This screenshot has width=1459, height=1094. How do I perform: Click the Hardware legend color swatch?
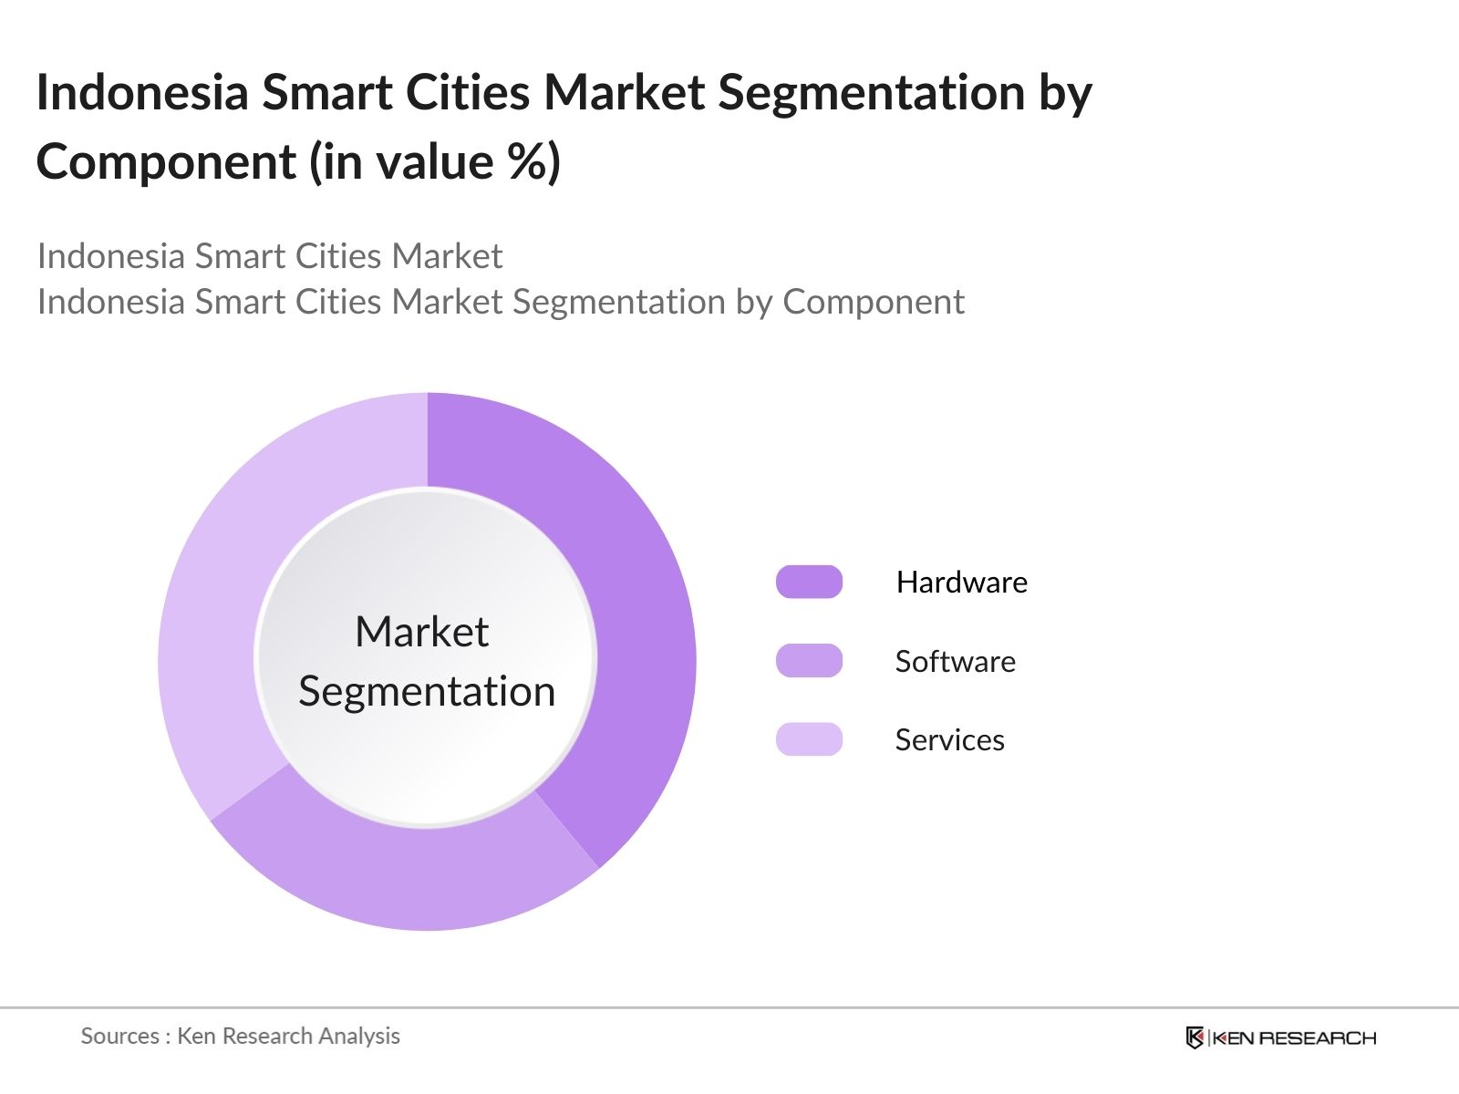click(x=809, y=582)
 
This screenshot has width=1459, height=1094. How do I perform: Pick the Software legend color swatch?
click(x=809, y=661)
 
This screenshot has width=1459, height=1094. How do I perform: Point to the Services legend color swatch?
click(x=809, y=739)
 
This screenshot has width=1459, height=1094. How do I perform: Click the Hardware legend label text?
click(x=962, y=583)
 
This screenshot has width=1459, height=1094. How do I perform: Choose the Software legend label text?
click(x=955, y=661)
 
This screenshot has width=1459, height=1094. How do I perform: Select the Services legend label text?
click(x=950, y=740)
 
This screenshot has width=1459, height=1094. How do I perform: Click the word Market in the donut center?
click(x=422, y=631)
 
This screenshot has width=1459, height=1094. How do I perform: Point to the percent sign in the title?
click(x=526, y=161)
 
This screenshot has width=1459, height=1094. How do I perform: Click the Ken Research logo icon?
click(x=1195, y=1037)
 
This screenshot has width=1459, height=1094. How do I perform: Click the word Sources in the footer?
click(x=120, y=1037)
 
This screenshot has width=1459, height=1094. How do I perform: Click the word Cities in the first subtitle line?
click(x=338, y=256)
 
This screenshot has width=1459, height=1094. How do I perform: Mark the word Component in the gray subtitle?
click(x=874, y=303)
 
